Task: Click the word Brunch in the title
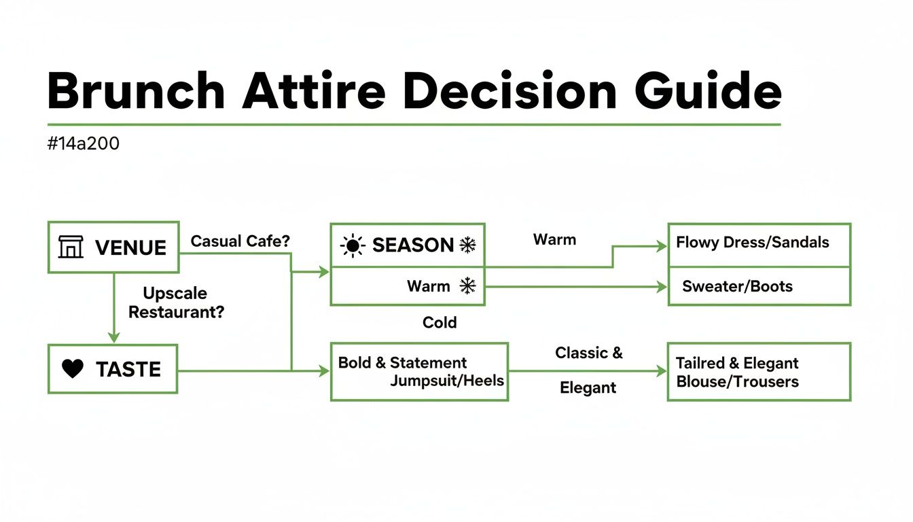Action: pos(136,92)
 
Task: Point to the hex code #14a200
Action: pos(84,144)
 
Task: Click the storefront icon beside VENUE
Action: pos(71,247)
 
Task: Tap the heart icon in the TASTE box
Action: pos(73,369)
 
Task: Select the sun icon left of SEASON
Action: pos(353,245)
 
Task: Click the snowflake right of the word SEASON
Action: pos(467,245)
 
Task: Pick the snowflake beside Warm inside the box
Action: pos(467,286)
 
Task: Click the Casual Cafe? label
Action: pos(240,241)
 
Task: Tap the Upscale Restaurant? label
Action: pos(176,303)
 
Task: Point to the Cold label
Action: pos(440,322)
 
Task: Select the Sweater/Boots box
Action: pos(759,286)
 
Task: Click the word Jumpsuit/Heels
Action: pos(447,381)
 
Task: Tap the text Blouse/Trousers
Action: pos(737,381)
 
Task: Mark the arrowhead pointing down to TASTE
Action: pos(114,336)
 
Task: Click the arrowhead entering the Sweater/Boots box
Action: pos(662,287)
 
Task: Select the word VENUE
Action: pos(130,247)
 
